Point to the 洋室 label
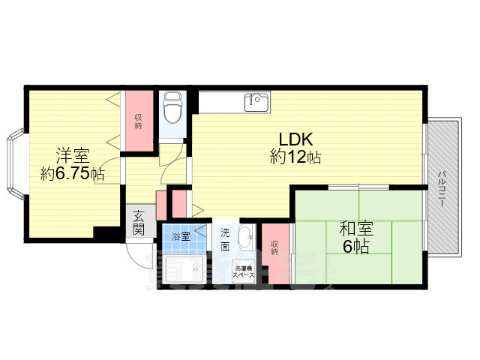coord(72,157)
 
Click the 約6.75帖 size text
coord(72,174)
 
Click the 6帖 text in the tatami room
coord(356,247)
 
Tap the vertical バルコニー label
coord(442,189)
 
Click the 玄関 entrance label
coord(139,223)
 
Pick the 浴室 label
coord(181,236)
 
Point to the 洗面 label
coord(225,241)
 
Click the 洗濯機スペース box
coord(243,271)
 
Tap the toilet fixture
coord(172,109)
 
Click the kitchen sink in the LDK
coord(257,102)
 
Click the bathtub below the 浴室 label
coord(184,269)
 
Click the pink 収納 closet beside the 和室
coord(275,247)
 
